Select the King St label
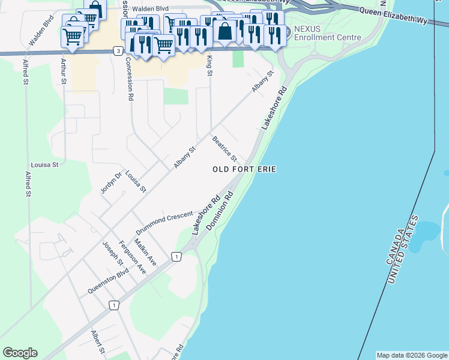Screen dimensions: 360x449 [209, 65]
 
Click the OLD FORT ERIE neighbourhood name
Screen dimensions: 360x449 [244, 170]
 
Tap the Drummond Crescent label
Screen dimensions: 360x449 [164, 223]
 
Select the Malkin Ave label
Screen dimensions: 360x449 [145, 251]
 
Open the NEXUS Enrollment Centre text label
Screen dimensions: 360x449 [327, 33]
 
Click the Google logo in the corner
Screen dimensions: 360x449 [20, 353]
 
